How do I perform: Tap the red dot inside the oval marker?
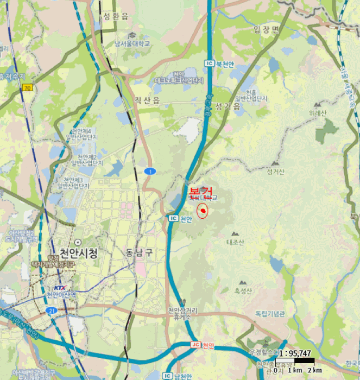point(203,211)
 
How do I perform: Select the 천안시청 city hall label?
point(79,252)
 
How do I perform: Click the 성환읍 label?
point(115,17)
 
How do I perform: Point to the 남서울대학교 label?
point(136,43)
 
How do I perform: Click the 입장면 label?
point(266,29)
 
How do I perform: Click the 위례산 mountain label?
point(318,113)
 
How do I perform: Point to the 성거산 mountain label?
point(276,172)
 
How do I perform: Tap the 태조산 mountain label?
point(235,242)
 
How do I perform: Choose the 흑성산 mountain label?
point(243,292)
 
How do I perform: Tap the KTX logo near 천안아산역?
point(59,288)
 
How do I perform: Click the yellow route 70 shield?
point(27,87)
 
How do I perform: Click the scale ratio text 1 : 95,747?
point(295,353)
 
